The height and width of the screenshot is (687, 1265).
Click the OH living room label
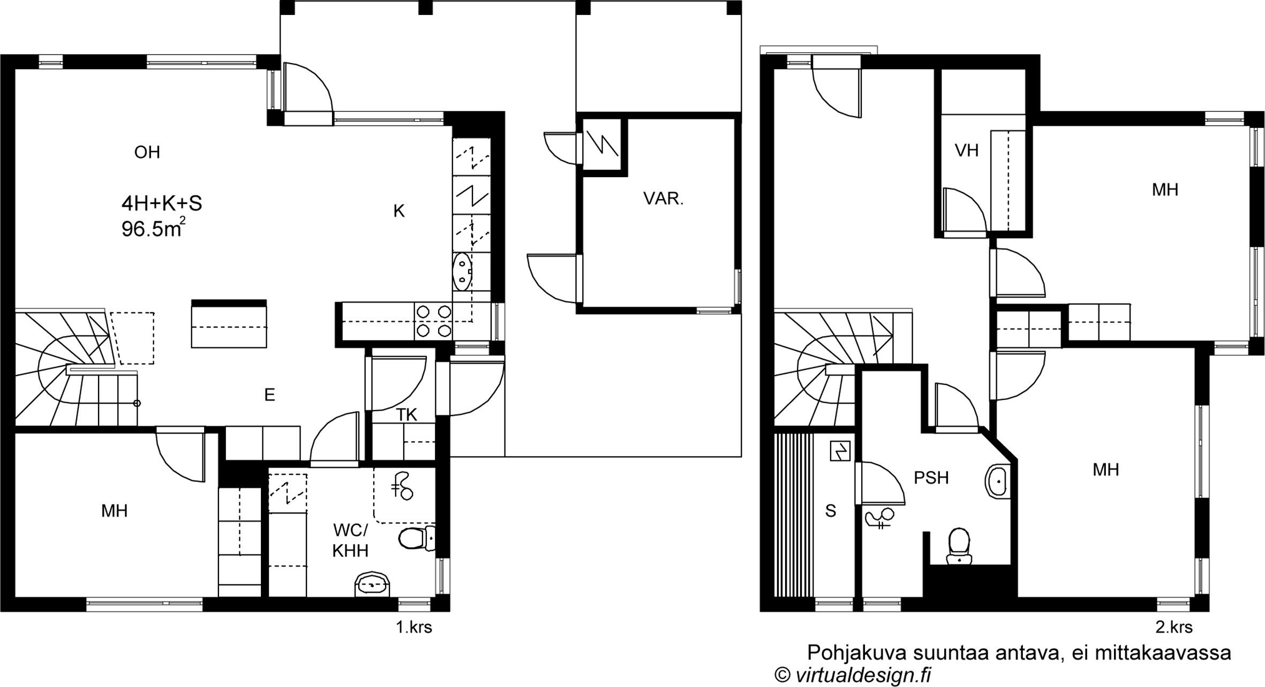click(x=147, y=153)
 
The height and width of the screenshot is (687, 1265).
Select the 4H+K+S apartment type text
click(x=162, y=203)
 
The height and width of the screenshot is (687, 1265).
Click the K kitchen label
click(x=399, y=212)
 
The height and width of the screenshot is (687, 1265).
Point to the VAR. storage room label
click(x=664, y=199)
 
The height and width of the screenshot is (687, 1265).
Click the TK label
click(x=407, y=414)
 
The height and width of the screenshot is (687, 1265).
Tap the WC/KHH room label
click(x=350, y=540)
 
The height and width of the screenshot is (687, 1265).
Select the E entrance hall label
click(x=270, y=395)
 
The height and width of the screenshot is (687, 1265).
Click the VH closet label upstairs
click(x=967, y=151)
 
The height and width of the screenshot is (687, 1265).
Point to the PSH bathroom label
click(x=931, y=478)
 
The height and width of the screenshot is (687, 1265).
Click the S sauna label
click(x=831, y=511)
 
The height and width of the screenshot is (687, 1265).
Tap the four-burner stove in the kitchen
click(x=433, y=321)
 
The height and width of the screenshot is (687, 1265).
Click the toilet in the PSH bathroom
click(x=959, y=546)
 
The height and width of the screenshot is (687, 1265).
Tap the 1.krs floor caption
click(x=413, y=627)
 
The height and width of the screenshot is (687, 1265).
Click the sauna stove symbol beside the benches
click(x=839, y=451)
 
